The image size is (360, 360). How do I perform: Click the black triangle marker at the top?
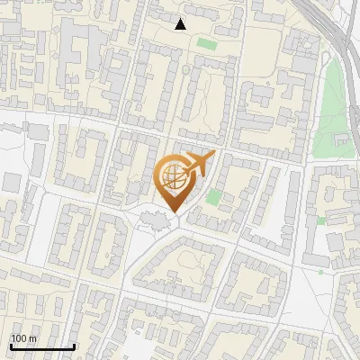coord(181,24)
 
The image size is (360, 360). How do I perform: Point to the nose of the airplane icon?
coord(212,155)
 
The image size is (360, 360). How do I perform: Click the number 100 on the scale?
coord(18,338)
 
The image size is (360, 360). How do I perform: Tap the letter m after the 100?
coord(31,338)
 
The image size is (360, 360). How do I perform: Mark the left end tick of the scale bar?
coord(11,345)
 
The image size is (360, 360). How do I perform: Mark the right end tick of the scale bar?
coord(74,345)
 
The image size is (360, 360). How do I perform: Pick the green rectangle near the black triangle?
coord(207,42)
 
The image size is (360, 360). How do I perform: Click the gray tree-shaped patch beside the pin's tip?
coord(153,219)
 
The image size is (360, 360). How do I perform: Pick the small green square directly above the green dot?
coord(320,220)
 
